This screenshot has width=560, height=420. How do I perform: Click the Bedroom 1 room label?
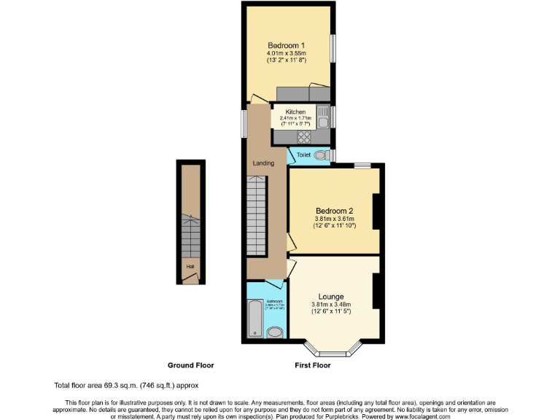(286, 45)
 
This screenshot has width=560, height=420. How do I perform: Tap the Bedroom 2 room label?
(334, 210)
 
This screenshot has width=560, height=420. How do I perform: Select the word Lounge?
(331, 296)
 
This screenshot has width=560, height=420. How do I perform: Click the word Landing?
(263, 163)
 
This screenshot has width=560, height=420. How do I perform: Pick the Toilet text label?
(304, 155)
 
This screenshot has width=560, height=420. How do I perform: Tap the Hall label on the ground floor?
(190, 267)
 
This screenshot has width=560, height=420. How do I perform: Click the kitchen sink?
(322, 117)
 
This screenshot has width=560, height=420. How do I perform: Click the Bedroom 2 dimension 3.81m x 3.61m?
(334, 219)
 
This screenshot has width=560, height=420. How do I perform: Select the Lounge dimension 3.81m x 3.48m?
(331, 304)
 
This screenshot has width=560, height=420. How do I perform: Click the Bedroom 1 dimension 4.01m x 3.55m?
(286, 53)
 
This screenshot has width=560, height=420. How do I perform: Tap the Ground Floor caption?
(190, 365)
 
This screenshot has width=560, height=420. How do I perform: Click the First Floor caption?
(312, 365)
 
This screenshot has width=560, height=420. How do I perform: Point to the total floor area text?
(125, 385)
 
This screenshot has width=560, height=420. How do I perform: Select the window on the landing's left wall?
(244, 120)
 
